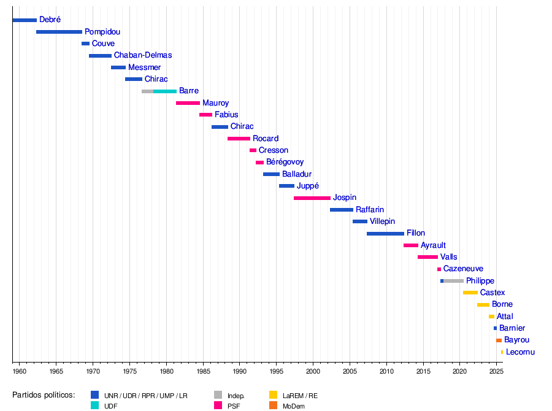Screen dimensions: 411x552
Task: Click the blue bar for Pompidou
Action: [x=59, y=32]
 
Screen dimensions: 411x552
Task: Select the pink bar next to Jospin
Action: [x=312, y=198]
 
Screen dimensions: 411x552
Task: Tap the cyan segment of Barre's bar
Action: [x=165, y=91]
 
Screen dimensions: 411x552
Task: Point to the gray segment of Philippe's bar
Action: [x=454, y=281]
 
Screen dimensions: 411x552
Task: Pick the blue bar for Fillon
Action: [x=386, y=234]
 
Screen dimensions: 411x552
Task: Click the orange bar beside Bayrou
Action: [x=499, y=340]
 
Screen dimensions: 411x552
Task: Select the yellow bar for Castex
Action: [x=470, y=293]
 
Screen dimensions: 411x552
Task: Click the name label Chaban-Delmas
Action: [x=143, y=55]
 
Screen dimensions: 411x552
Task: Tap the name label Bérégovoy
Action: [x=285, y=162]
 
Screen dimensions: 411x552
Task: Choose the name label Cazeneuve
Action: [x=463, y=269]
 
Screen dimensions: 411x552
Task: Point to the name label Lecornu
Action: [x=521, y=352]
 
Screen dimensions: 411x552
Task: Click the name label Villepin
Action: [x=383, y=221]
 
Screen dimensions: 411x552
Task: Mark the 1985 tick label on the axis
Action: [x=203, y=372]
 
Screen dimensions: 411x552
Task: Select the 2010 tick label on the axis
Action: [x=386, y=372]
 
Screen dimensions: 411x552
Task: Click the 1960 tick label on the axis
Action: [x=19, y=372]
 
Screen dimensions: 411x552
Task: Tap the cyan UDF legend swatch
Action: [x=94, y=405]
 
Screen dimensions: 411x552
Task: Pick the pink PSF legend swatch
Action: [x=218, y=405]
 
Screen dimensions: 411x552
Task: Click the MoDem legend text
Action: [x=294, y=406]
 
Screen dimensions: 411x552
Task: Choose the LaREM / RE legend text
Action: [x=301, y=396]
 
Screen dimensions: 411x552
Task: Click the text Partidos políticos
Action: [x=44, y=395]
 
